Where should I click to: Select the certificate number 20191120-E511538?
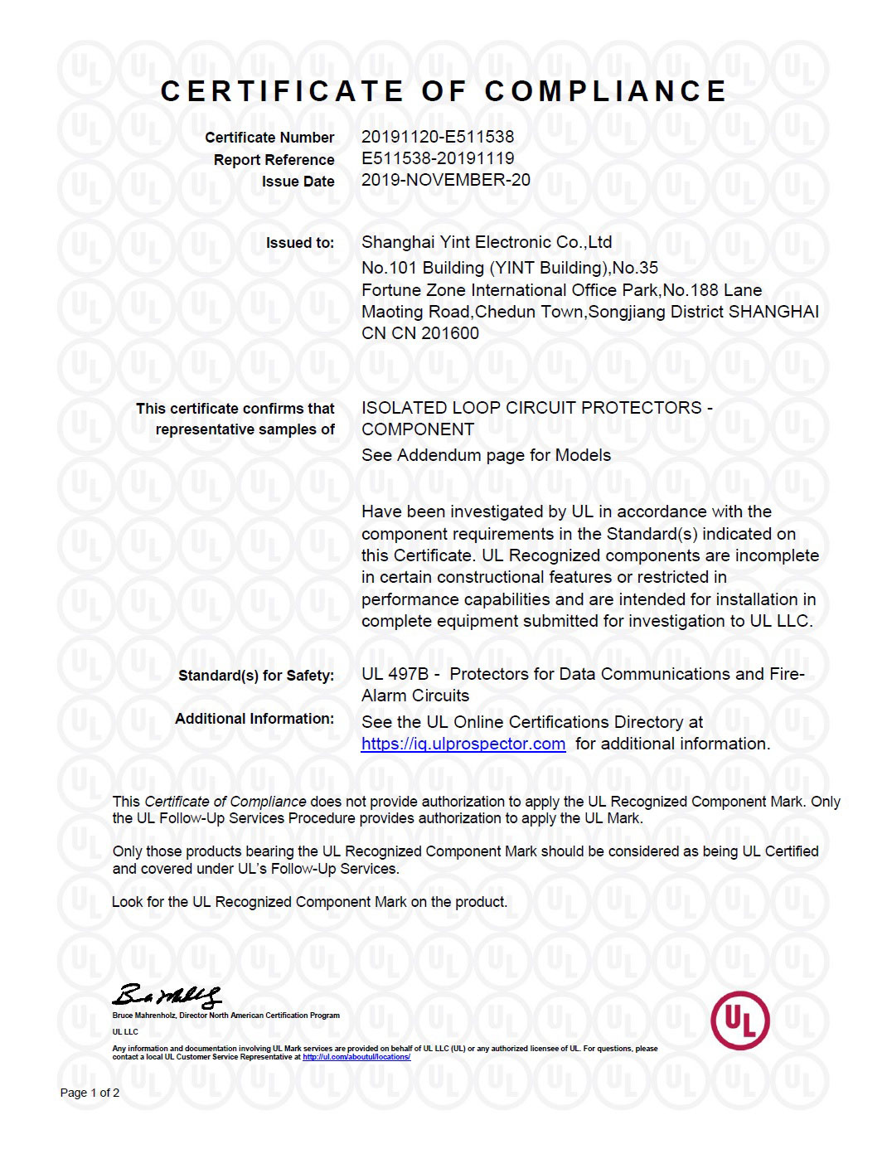tap(437, 137)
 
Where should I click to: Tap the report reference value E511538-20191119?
tap(437, 158)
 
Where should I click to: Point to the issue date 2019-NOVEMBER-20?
tap(445, 180)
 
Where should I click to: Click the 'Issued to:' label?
tap(300, 243)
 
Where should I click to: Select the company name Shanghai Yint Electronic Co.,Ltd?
tap(487, 242)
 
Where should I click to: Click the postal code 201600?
tap(450, 333)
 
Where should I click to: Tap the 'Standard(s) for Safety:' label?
tap(256, 676)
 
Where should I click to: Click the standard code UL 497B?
tap(394, 674)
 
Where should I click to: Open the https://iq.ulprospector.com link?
tap(463, 744)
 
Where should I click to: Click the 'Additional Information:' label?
tap(254, 719)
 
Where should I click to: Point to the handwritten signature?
tap(167, 995)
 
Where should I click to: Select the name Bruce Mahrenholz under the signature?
tap(138, 1016)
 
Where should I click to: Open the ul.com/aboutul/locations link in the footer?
tap(356, 1057)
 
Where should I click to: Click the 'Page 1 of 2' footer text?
tap(90, 1093)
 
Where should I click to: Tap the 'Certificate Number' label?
tap(269, 138)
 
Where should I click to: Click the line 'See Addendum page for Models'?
tap(486, 455)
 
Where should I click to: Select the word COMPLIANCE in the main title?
tap(606, 91)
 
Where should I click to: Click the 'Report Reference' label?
tap(274, 160)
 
